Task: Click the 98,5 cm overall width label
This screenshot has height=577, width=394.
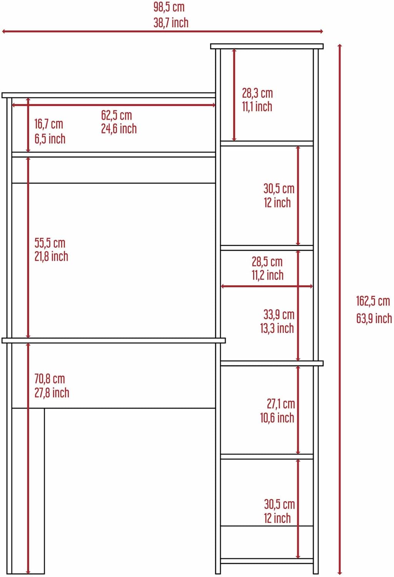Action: point(169,7)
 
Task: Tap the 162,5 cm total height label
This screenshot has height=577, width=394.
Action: point(373,301)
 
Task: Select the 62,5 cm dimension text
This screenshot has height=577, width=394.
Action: point(116,115)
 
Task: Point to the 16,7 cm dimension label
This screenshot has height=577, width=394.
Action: point(49,124)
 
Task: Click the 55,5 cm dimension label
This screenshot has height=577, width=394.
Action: point(50,243)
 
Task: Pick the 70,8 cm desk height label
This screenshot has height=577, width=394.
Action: point(50,379)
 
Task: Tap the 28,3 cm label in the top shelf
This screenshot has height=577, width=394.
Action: point(257,93)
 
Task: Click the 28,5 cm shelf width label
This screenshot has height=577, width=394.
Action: point(267,262)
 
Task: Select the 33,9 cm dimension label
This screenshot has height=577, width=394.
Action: point(279,315)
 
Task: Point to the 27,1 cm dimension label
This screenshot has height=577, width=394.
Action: point(281,404)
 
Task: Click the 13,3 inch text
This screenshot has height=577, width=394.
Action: point(277,328)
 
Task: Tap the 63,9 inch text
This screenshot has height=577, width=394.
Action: point(374,318)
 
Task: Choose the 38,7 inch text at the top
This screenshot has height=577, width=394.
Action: point(171,23)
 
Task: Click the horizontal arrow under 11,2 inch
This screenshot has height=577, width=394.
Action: point(267,286)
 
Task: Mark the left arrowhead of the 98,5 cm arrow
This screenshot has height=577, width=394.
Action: point(3,32)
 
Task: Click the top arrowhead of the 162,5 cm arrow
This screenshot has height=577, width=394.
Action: point(340,46)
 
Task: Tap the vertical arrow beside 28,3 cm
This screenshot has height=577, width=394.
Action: point(234,95)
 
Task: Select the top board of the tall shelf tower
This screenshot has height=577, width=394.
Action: point(267,47)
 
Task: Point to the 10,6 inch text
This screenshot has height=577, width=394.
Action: point(277,417)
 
